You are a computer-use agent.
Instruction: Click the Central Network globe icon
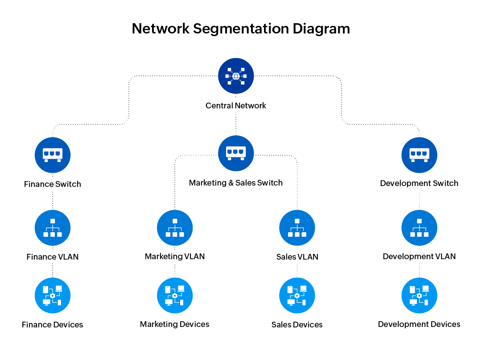[236, 76]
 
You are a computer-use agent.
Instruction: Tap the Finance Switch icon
[53, 155]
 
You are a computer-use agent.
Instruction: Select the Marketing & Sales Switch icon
[236, 153]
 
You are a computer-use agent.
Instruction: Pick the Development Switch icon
[419, 155]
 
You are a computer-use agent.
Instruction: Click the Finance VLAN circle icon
[53, 228]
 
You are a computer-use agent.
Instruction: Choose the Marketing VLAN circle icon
[175, 228]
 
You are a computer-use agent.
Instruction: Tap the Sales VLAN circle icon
[297, 228]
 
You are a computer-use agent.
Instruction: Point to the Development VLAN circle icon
[419, 228]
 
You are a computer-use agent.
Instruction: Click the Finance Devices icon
[53, 295]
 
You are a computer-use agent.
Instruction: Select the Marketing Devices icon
[175, 295]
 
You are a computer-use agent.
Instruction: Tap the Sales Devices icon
[297, 295]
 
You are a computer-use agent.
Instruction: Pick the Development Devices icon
[419, 295]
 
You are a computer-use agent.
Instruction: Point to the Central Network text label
[236, 106]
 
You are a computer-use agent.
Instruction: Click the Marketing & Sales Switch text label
[236, 183]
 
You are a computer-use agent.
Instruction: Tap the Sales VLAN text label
[297, 257]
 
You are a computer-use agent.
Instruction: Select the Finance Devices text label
[53, 325]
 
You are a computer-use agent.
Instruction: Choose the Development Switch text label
[419, 183]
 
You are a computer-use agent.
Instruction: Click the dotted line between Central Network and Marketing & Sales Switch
[236, 123]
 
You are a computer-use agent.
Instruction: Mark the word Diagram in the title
[321, 29]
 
